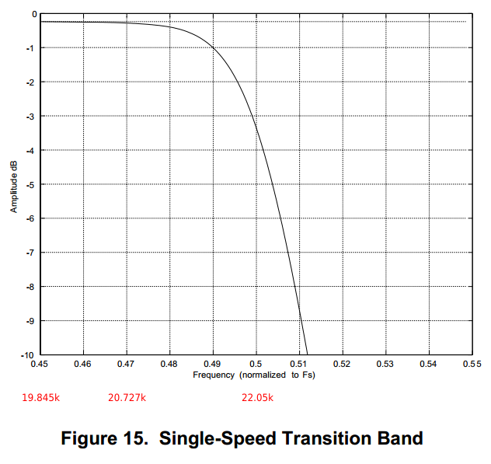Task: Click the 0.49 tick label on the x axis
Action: (212, 364)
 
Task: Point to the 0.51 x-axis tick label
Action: (299, 364)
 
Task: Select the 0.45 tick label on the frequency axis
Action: (39, 364)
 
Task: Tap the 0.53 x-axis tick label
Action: (385, 364)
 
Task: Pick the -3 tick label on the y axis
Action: (30, 116)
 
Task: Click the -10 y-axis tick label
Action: (29, 355)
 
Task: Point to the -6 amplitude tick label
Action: (30, 218)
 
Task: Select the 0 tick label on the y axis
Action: (33, 14)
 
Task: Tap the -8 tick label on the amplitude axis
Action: (30, 287)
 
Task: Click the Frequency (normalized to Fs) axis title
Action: (254, 375)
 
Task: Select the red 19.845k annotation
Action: (40, 398)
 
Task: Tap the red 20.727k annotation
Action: (127, 398)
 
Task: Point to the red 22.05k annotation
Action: (257, 398)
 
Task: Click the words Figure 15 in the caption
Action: (105, 439)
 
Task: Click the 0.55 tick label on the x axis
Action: (468, 364)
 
